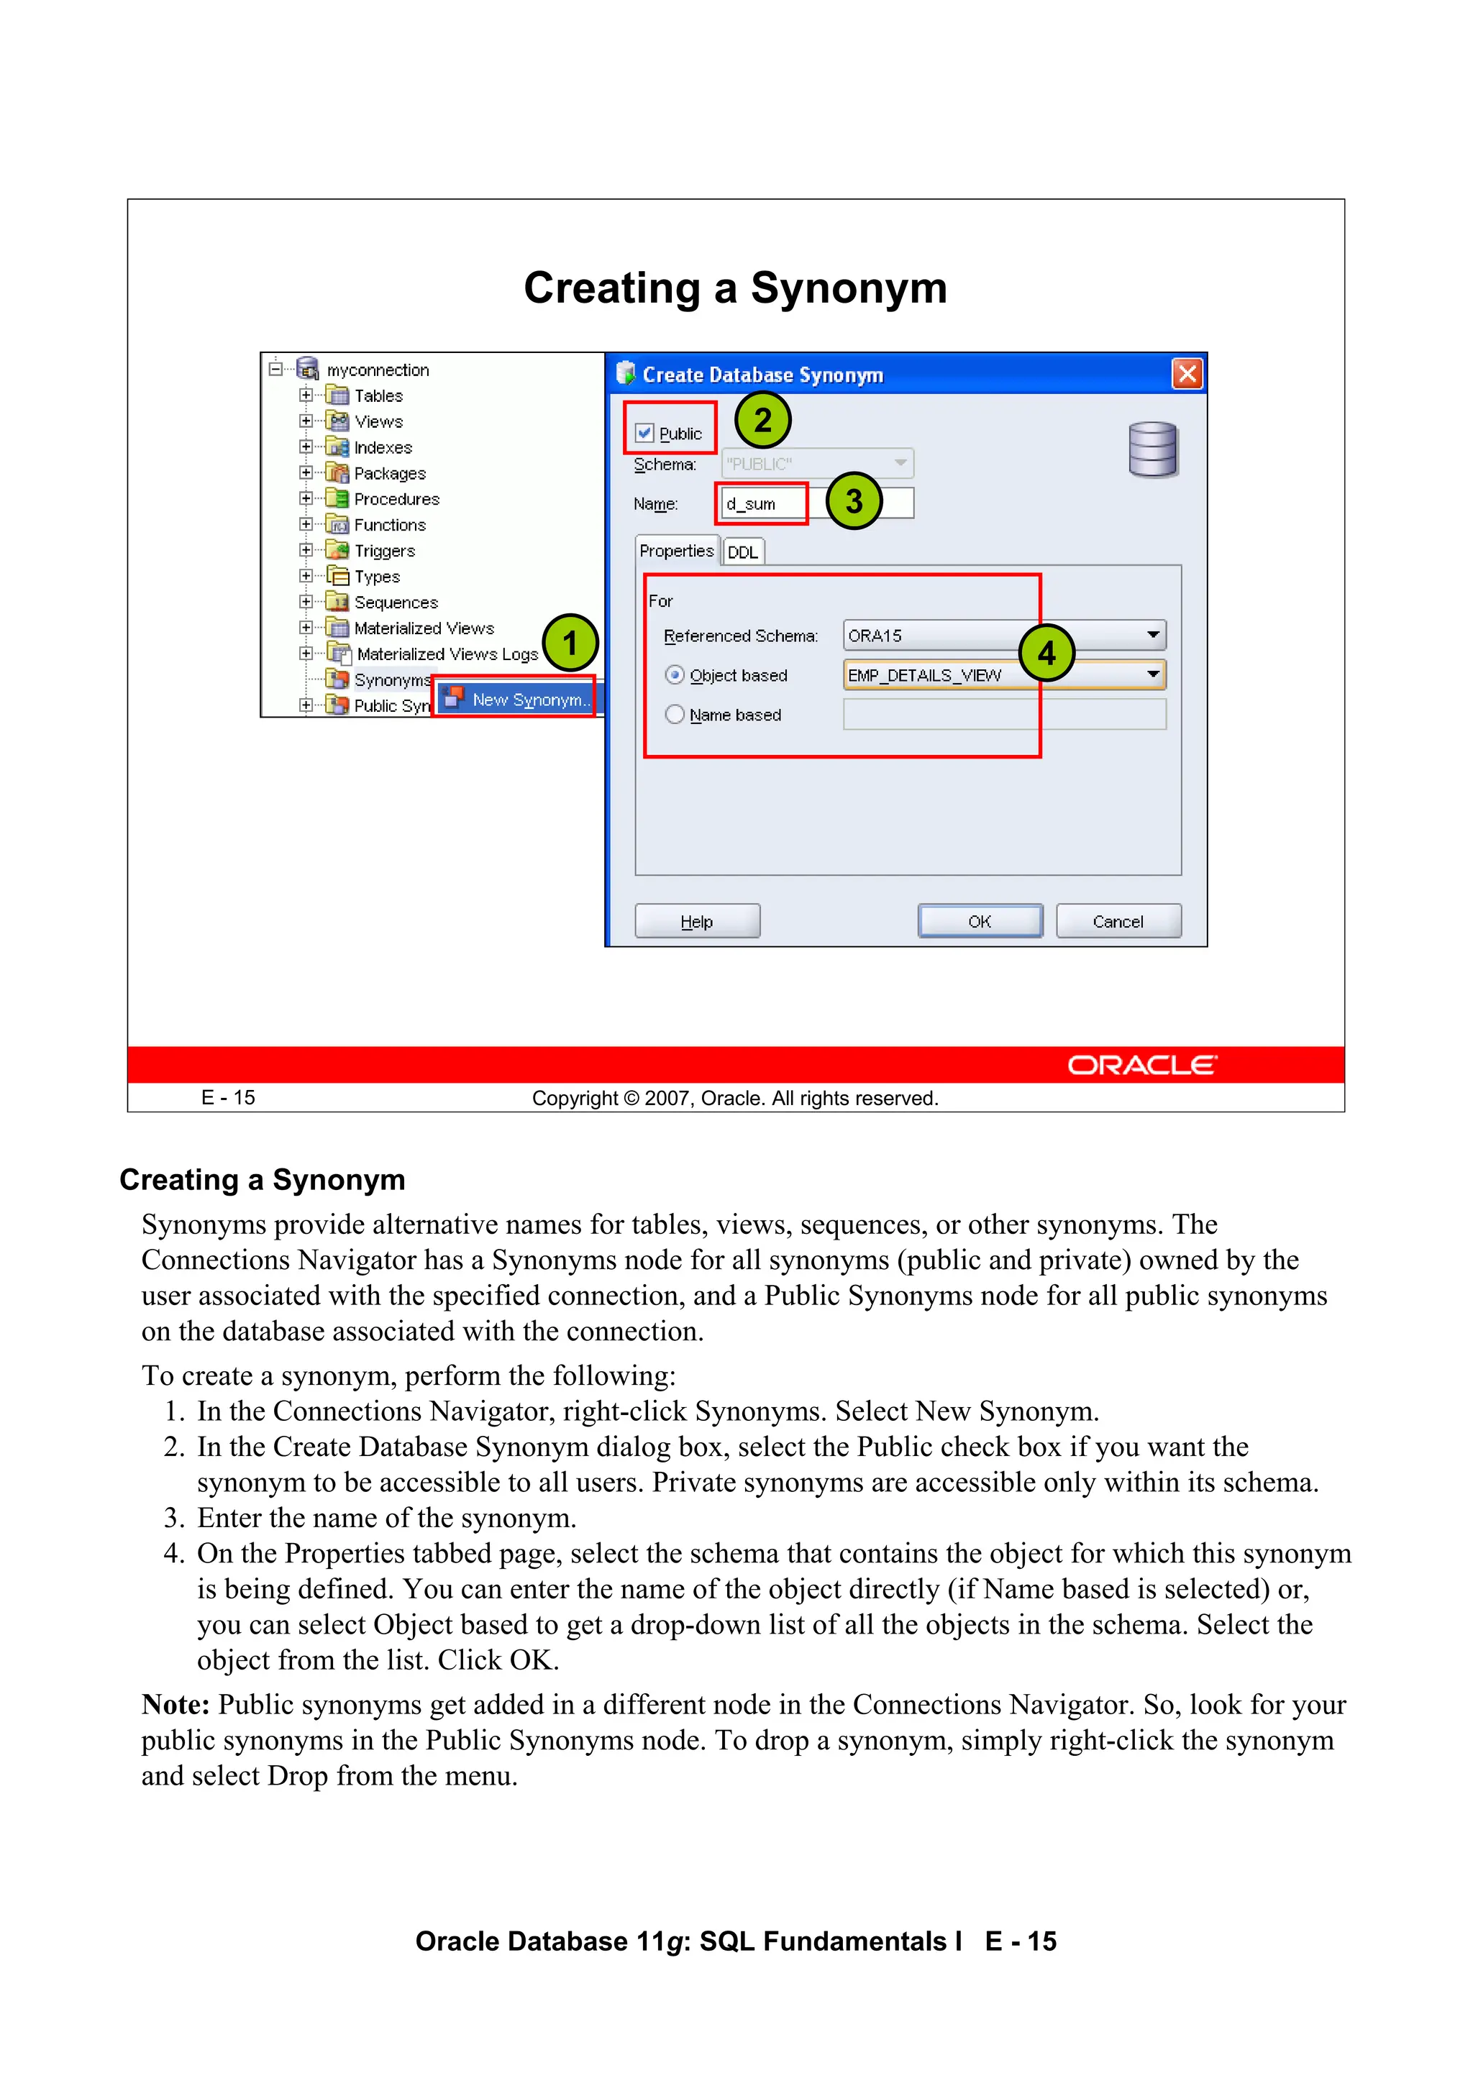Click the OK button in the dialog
pos(980,921)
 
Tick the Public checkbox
pos(644,433)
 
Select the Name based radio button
pos(675,714)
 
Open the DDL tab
pos(742,551)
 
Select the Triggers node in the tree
pos(384,551)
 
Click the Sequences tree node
pos(395,603)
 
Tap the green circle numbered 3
pos(853,500)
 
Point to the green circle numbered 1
pos(570,642)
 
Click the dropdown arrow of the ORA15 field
pos(1153,635)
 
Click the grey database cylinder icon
pos(1153,449)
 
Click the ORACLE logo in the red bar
pos(1141,1064)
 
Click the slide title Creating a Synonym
pos(735,288)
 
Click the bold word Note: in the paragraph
pos(175,1704)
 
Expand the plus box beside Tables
pos(306,395)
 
